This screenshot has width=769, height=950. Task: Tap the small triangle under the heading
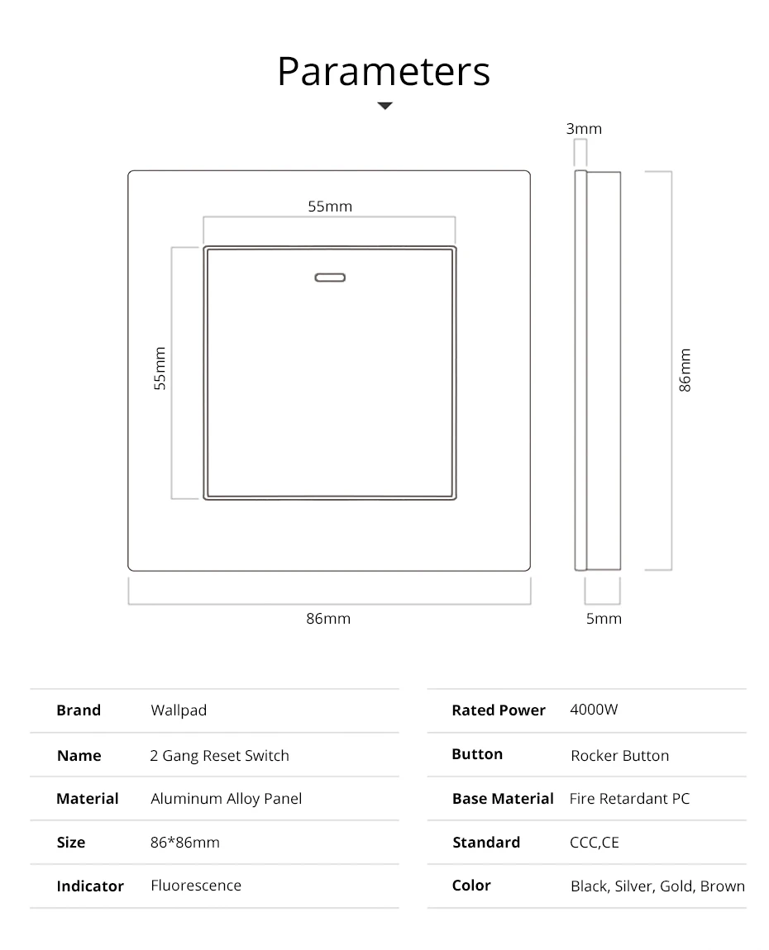pos(384,106)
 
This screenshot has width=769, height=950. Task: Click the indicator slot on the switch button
pos(329,278)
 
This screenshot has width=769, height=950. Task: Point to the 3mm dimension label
pos(584,129)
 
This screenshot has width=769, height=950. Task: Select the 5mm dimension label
pos(604,618)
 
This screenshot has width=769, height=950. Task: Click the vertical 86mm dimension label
pos(685,370)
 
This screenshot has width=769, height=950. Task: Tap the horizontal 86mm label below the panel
pos(328,618)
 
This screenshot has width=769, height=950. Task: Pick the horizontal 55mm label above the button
pos(330,207)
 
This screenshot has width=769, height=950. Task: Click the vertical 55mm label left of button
pos(160,368)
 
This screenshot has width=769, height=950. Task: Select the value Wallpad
pos(179,710)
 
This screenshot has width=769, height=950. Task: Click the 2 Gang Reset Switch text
pos(220,756)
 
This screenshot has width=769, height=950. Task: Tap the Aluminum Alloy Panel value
pos(226,799)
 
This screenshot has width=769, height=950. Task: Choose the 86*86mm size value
pos(185,843)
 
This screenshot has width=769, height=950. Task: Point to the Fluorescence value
pos(196,886)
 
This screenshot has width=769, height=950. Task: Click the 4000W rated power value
pos(594,710)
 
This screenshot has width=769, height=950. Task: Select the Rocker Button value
pos(619,756)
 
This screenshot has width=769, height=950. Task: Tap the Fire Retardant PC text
pos(629,799)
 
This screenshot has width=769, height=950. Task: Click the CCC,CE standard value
pos(594,843)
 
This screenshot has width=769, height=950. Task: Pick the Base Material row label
pos(503,799)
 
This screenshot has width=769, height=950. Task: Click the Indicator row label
pos(90,886)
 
